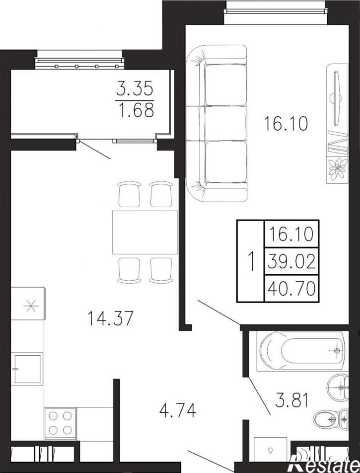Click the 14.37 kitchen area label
(110, 318)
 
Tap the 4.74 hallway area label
(178, 411)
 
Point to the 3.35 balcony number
(135, 89)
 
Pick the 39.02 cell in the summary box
(291, 261)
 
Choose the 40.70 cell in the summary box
(291, 288)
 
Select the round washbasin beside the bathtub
(338, 387)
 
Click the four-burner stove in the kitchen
(60, 422)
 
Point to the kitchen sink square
(26, 369)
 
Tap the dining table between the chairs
(145, 233)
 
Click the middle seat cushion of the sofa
(226, 123)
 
